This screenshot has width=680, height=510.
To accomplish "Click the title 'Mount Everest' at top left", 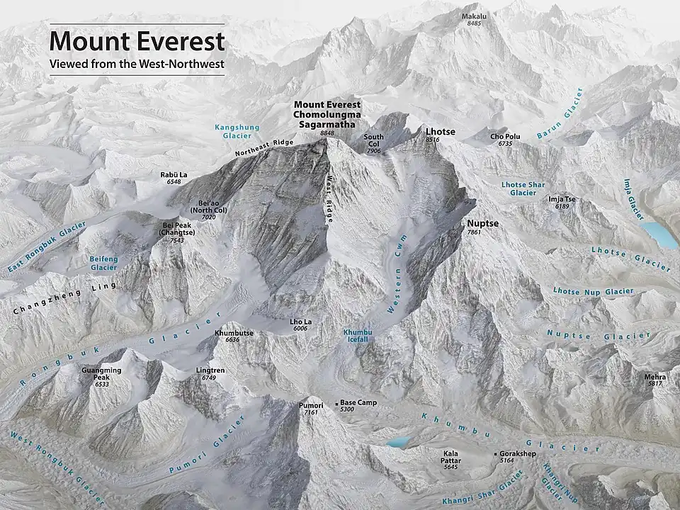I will click(137, 42).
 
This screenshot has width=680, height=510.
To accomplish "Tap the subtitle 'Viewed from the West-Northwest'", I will click(137, 64).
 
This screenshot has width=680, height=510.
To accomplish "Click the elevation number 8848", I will click(327, 132).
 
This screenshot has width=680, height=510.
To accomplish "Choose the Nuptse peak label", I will click(482, 223).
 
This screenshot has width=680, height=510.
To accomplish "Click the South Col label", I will click(374, 137).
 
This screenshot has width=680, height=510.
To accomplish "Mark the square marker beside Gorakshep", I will click(495, 453).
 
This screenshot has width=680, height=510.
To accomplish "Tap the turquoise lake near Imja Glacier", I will click(659, 234).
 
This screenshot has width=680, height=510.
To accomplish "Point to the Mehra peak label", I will click(654, 377).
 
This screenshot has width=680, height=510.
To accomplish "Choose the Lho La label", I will click(300, 322).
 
